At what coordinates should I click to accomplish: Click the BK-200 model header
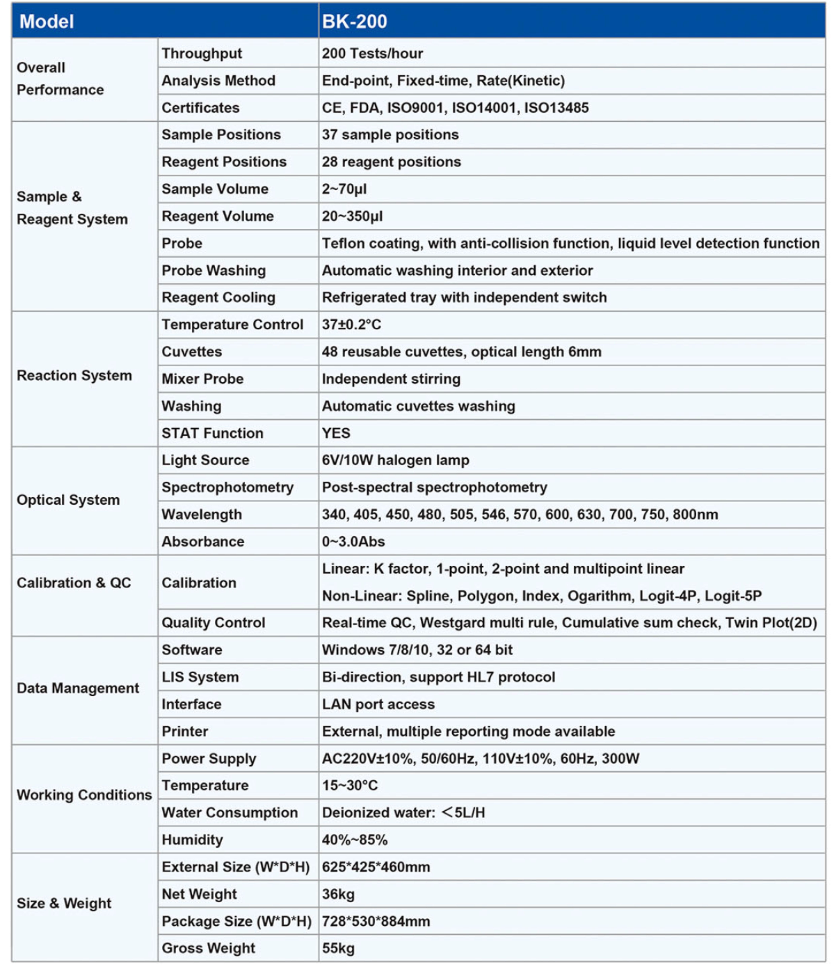[x=354, y=22]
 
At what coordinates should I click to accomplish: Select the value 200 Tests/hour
[x=372, y=53]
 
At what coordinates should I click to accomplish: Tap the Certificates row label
[x=200, y=107]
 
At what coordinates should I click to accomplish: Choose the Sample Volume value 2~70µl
[x=344, y=189]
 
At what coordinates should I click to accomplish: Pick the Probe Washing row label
[x=214, y=270]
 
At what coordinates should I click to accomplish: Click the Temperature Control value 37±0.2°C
[x=351, y=325]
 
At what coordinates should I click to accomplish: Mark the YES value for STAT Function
[x=335, y=433]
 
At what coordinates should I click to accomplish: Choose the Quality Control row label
[x=213, y=622]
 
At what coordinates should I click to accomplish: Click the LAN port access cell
[x=378, y=704]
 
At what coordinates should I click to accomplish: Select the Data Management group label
[x=78, y=688]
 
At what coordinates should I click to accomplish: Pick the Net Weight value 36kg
[x=338, y=894]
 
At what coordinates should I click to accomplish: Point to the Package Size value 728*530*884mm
[x=376, y=921]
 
